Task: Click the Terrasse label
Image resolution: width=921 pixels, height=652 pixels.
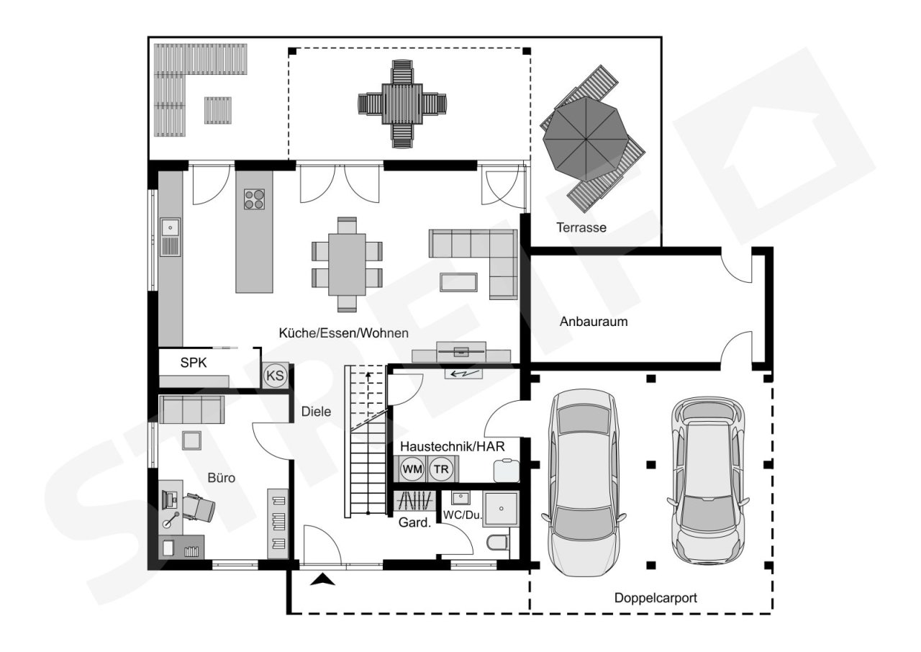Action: [x=581, y=227]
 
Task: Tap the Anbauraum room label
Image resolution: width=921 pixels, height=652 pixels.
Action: [x=594, y=321]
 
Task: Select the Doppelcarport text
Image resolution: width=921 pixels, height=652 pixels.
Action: [x=655, y=598]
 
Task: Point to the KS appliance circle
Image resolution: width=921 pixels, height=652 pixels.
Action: [x=275, y=376]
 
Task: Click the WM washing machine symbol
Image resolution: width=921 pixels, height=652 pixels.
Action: [x=412, y=469]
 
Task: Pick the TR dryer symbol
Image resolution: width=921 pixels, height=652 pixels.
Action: [x=441, y=469]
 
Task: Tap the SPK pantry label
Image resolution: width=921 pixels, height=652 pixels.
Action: [x=194, y=363]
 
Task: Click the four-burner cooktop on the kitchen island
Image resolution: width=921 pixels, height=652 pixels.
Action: [x=254, y=199]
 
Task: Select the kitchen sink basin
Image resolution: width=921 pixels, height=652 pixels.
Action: [x=170, y=227]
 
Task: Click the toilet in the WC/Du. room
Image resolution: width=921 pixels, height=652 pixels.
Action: [x=498, y=542]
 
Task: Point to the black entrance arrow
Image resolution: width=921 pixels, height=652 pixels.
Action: [x=323, y=579]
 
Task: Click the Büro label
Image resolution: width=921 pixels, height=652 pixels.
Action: [x=221, y=478]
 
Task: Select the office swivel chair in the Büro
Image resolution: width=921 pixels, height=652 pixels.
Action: [x=199, y=507]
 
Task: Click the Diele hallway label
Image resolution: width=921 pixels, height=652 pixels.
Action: [x=316, y=412]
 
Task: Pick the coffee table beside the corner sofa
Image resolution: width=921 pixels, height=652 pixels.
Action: [x=458, y=282]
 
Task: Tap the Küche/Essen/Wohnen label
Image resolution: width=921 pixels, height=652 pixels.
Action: [x=344, y=333]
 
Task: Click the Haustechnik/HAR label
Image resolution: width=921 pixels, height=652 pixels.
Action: [x=453, y=446]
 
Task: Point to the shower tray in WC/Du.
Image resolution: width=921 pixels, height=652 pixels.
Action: [x=502, y=509]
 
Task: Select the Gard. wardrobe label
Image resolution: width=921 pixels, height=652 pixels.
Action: [x=414, y=522]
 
